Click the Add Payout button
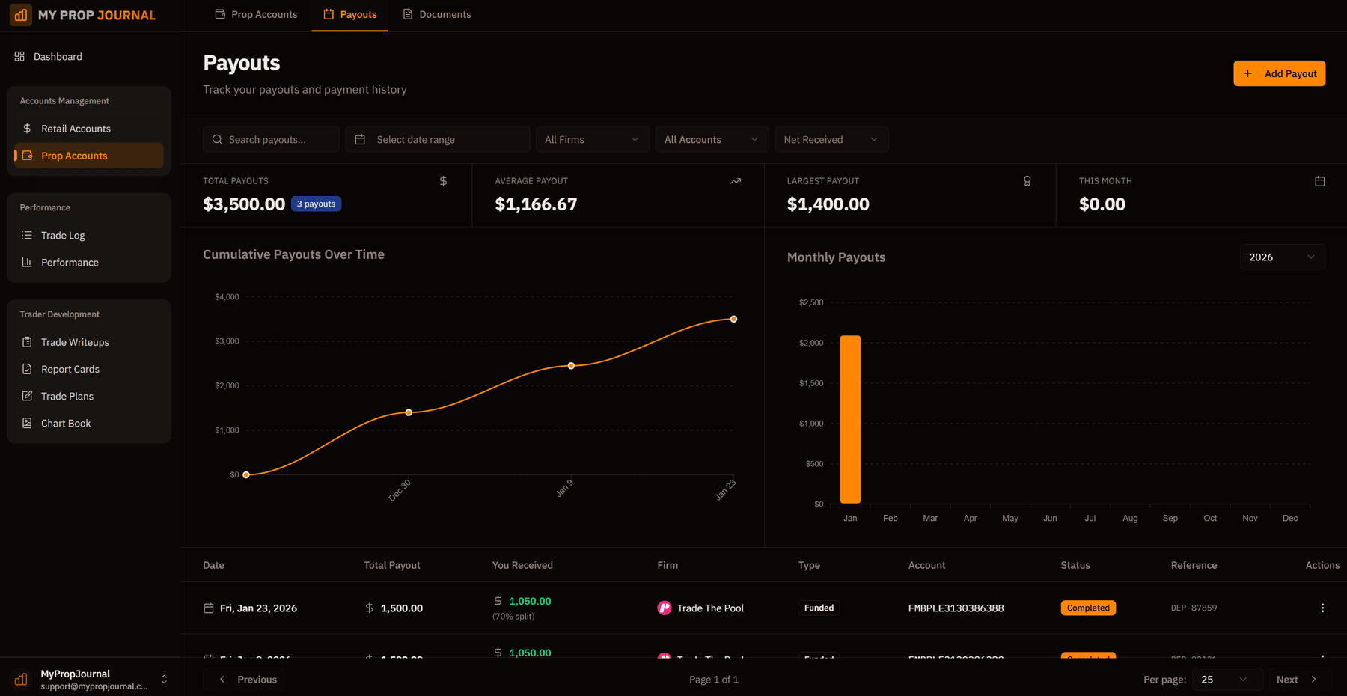pos(1279,73)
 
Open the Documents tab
pos(437,14)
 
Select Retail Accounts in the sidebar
pos(76,129)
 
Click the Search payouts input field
pos(271,140)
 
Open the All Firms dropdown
pos(591,140)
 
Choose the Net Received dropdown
pos(831,140)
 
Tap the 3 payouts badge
pos(316,204)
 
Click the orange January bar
pos(850,419)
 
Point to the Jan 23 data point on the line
pos(733,319)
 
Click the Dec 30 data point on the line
pos(409,412)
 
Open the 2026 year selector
pos(1282,257)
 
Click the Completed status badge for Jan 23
pos(1088,608)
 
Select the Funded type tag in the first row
pos(819,608)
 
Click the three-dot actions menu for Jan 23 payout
pos(1322,608)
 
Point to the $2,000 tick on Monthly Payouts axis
pos(811,343)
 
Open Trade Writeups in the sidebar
pos(75,342)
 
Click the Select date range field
pos(437,140)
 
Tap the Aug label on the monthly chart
pos(1130,518)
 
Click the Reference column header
pos(1194,565)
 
